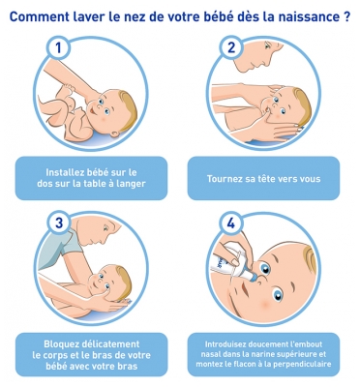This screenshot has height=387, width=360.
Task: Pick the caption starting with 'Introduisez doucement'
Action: tap(272, 354)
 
